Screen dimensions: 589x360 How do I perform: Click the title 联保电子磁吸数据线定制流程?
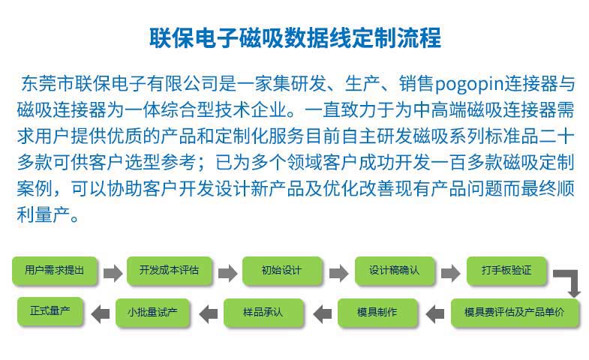point(296,37)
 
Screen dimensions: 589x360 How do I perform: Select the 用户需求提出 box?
point(55,270)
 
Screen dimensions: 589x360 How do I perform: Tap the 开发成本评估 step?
point(170,270)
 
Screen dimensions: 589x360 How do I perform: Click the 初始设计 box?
point(282,270)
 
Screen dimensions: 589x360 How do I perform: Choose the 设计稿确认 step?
point(395,270)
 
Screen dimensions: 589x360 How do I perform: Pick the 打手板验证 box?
point(506,270)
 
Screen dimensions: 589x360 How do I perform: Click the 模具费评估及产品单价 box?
point(515,313)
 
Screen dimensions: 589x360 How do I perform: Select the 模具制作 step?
point(377,313)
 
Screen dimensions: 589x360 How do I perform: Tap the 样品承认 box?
point(263,313)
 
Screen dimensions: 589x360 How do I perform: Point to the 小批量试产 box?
point(152,313)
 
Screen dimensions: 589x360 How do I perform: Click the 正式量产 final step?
point(50,311)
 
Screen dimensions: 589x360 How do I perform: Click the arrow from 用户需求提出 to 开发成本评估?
point(113,273)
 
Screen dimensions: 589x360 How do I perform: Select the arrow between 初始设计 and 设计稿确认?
point(339,273)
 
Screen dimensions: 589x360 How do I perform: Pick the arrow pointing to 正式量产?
point(101,313)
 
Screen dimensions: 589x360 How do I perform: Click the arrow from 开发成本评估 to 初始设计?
point(227,273)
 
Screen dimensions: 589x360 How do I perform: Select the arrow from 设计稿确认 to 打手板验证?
point(451,273)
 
